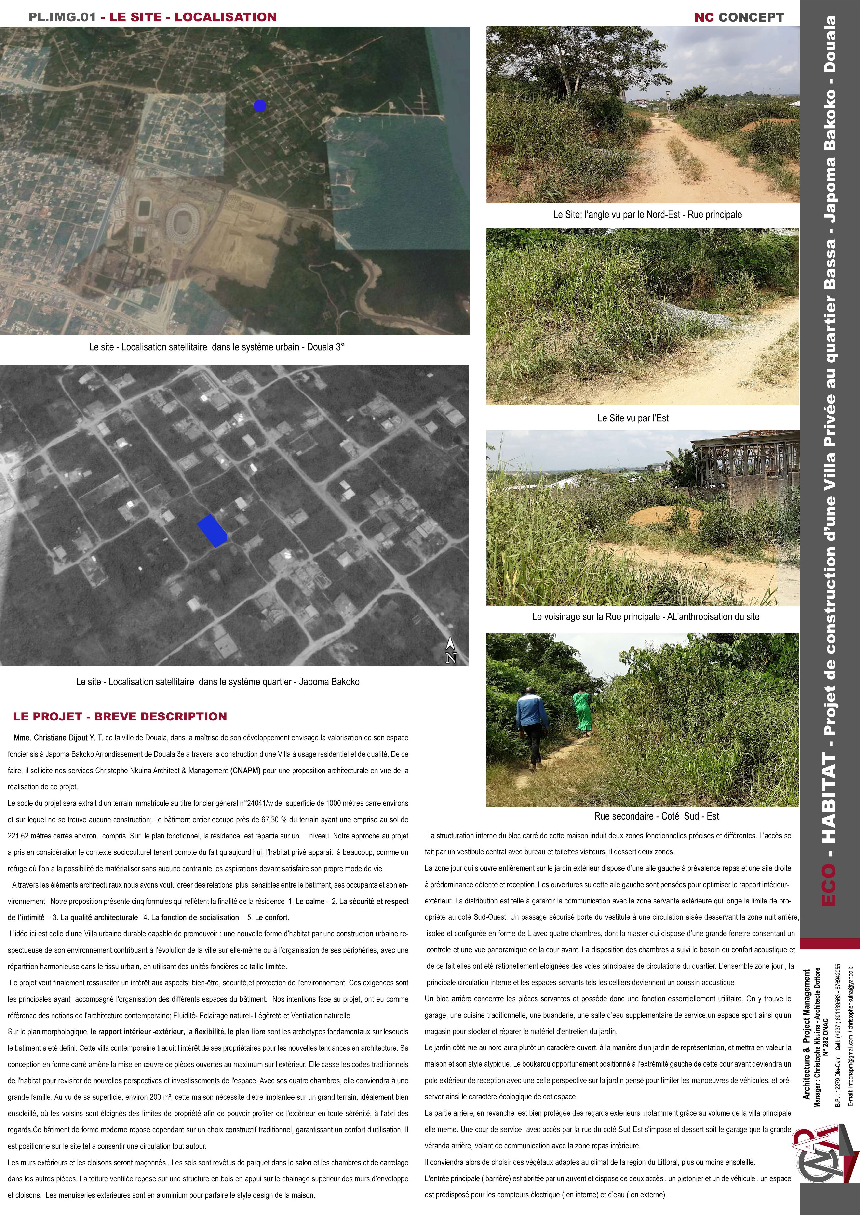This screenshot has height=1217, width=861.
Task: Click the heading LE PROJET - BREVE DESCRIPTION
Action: [120, 717]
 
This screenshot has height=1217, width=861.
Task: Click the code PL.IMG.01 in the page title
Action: [63, 17]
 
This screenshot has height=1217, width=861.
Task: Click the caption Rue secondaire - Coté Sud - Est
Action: [656, 816]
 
